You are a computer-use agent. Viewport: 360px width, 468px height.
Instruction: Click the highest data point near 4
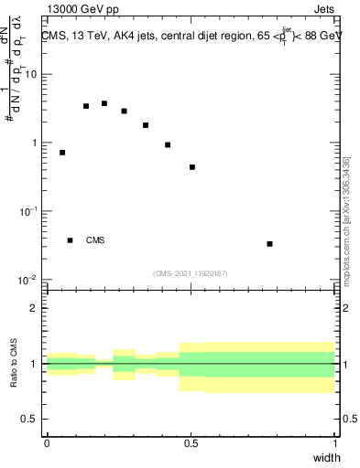pyautogui.click(x=104, y=103)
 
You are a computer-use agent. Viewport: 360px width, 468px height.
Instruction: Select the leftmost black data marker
pyautogui.click(x=62, y=153)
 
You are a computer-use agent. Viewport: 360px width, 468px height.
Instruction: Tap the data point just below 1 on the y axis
pyautogui.click(x=168, y=144)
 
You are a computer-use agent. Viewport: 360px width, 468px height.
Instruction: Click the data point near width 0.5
pyautogui.click(x=192, y=167)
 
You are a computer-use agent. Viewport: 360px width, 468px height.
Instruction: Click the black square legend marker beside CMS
pyautogui.click(x=70, y=240)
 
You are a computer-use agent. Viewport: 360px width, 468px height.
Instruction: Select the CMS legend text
pyautogui.click(x=95, y=241)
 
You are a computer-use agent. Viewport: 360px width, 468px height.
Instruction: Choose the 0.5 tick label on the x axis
pyautogui.click(x=191, y=443)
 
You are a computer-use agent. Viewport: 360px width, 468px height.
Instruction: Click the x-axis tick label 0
pyautogui.click(x=47, y=443)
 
